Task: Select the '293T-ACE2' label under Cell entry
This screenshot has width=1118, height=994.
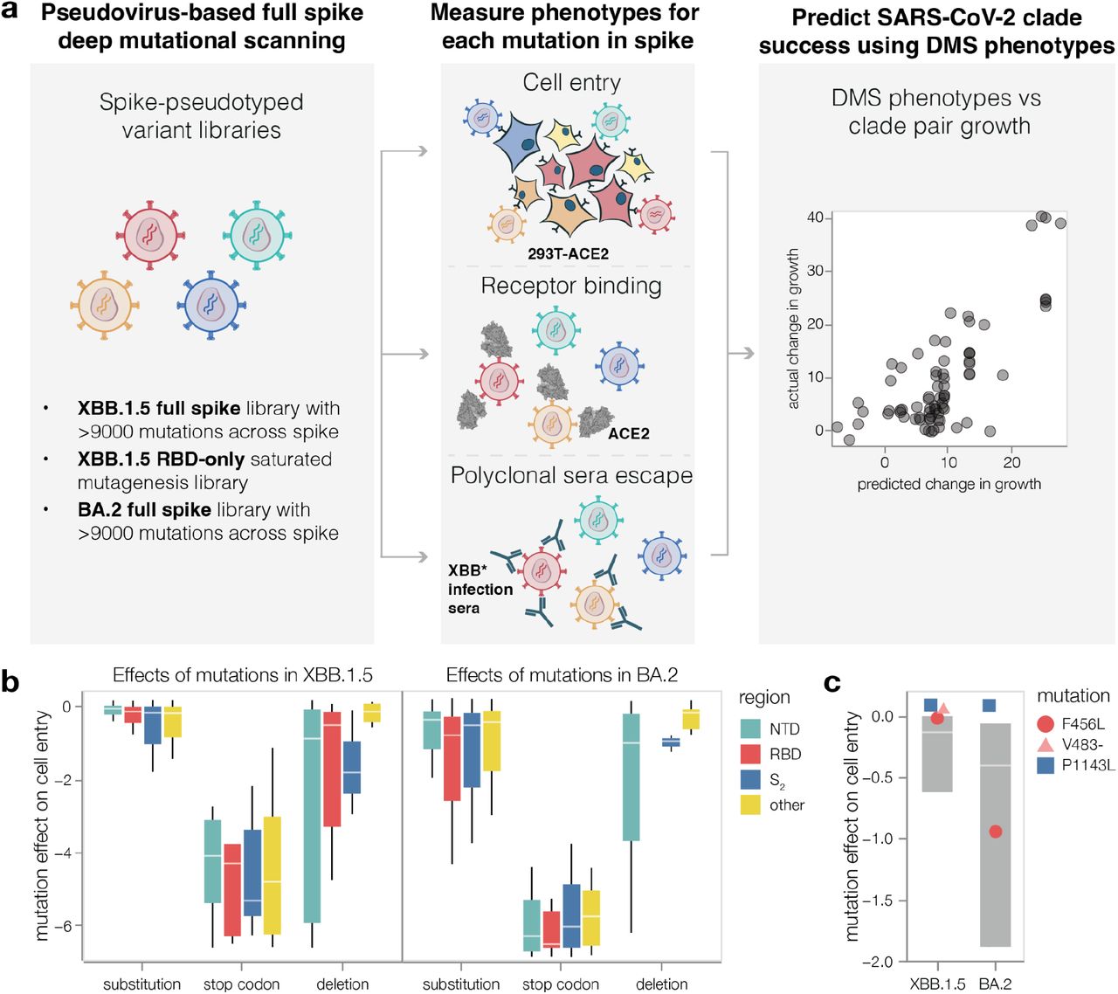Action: pyautogui.click(x=568, y=254)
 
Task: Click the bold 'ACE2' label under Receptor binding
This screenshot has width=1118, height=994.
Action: pyautogui.click(x=629, y=433)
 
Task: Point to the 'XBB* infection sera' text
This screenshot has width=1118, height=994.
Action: pyautogui.click(x=480, y=590)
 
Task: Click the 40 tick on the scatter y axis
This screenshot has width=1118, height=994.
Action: pyautogui.click(x=814, y=217)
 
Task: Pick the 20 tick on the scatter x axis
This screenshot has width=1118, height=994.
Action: pyautogui.click(x=1011, y=462)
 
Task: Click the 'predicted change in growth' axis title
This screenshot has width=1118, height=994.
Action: pyautogui.click(x=949, y=484)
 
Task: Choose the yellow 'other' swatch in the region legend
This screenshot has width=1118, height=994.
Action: pyautogui.click(x=751, y=804)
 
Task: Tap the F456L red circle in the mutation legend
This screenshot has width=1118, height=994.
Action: pyautogui.click(x=1046, y=724)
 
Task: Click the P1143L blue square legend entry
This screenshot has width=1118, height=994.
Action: pyautogui.click(x=1046, y=765)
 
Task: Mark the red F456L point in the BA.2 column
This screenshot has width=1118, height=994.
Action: pyautogui.click(x=995, y=831)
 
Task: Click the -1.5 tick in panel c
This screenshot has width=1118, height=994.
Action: pyautogui.click(x=876, y=901)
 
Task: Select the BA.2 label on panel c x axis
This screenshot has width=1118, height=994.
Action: pyautogui.click(x=995, y=984)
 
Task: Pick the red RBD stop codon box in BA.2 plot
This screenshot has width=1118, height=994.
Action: pyautogui.click(x=551, y=929)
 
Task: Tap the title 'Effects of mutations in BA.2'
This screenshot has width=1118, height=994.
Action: pyautogui.click(x=562, y=675)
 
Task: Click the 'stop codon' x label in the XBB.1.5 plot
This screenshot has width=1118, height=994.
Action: pyautogui.click(x=241, y=984)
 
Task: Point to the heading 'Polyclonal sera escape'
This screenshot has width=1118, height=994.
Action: pyautogui.click(x=571, y=476)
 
